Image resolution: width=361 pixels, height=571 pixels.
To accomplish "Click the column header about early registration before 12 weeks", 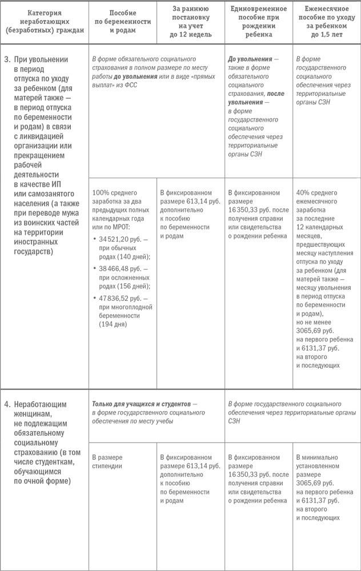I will [191, 21].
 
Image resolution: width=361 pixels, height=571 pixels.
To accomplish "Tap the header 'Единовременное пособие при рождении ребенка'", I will [259, 21].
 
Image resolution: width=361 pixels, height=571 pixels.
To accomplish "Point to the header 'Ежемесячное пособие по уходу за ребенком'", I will [327, 21].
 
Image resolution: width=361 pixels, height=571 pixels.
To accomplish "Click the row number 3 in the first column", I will [6, 59].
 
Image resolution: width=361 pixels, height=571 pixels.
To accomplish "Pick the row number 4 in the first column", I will [6, 404].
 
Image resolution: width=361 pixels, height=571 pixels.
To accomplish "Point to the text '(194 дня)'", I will [114, 324].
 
